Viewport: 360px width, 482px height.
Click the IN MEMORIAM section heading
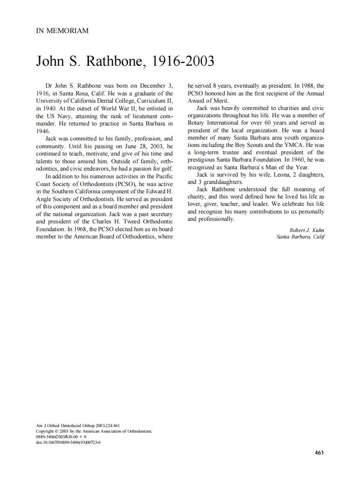coord(62,31)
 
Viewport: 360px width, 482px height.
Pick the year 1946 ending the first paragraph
coord(43,131)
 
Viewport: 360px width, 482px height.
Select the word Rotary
coord(197,123)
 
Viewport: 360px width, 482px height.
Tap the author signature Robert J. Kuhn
coord(307,230)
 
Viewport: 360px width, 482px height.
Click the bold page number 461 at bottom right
coord(319,452)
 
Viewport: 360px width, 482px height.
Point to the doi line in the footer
coord(68,442)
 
